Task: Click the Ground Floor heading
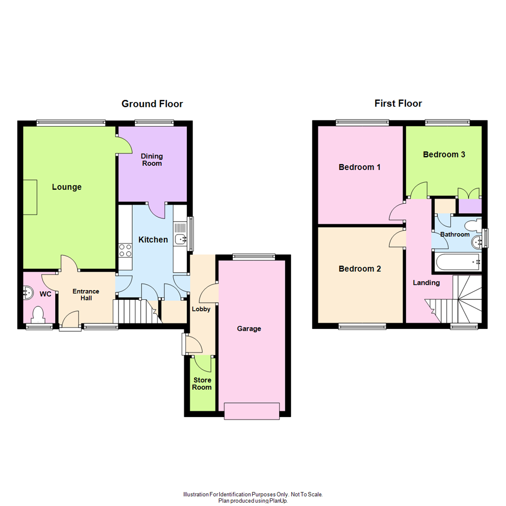click(x=152, y=104)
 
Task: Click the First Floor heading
click(x=398, y=104)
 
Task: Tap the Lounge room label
click(x=67, y=187)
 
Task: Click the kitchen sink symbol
click(x=180, y=239)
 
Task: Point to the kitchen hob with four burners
click(x=125, y=250)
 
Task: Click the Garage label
click(x=249, y=328)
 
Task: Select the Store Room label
click(x=202, y=383)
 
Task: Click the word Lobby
click(x=201, y=309)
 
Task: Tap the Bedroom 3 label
click(x=444, y=154)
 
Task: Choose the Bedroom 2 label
click(x=360, y=268)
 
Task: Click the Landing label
click(x=426, y=283)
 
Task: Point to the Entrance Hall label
click(x=86, y=294)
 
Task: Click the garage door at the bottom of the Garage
click(x=252, y=411)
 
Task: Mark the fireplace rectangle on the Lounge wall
click(x=30, y=197)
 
